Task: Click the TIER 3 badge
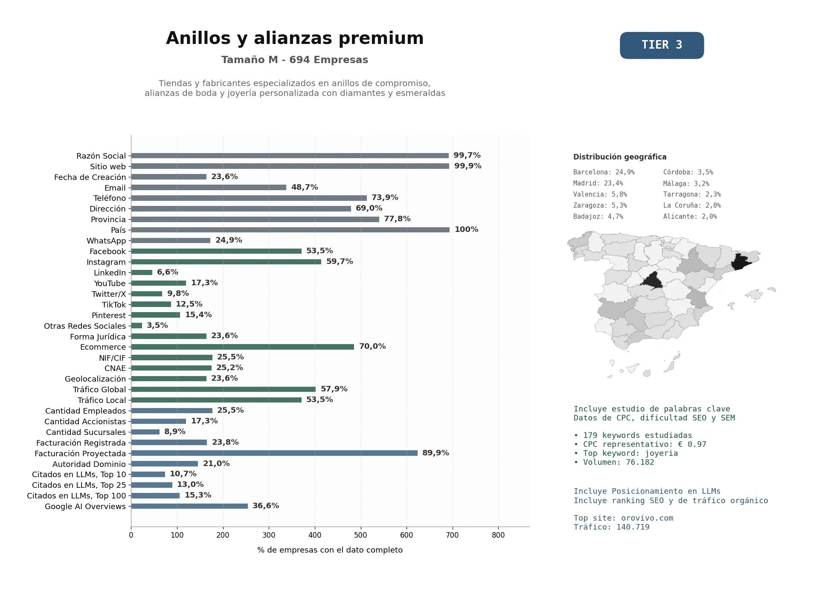coord(662,45)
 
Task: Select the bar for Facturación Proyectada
coord(274,453)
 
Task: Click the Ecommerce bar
coord(243,347)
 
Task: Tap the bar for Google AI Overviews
coord(189,506)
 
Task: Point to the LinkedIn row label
coord(110,273)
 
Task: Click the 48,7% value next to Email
coord(305,187)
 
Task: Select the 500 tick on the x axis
coord(361,535)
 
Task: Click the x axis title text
coord(330,550)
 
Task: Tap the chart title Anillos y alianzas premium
coord(295,38)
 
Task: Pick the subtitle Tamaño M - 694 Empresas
coord(295,60)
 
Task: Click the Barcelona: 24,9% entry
coord(604,172)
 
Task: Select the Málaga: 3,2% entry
coord(686,183)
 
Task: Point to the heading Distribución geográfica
coord(620,157)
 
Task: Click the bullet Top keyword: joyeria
coord(626,453)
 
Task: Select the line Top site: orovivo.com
coord(624,518)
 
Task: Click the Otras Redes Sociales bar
coord(136,325)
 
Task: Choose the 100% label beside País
coord(467,229)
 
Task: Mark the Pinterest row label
coord(109,316)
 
